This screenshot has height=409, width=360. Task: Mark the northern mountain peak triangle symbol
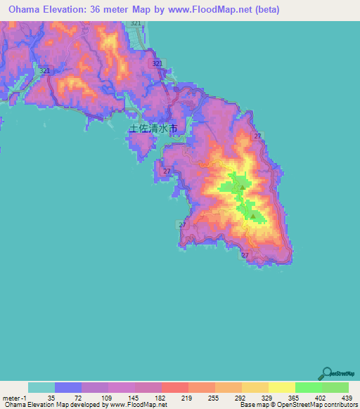click(x=241, y=188)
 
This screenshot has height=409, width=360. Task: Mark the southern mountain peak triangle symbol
click(x=253, y=216)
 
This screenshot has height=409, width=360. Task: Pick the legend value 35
click(x=55, y=397)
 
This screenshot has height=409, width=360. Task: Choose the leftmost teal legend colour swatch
click(x=41, y=387)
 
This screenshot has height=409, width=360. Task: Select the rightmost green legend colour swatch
click(x=335, y=387)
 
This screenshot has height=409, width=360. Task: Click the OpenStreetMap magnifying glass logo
click(x=326, y=373)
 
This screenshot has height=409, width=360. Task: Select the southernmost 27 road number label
click(x=245, y=256)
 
